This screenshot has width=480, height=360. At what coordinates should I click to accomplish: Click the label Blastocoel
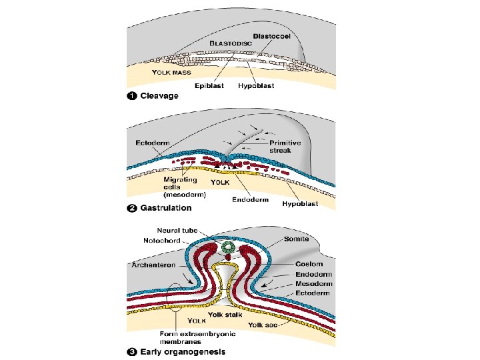tap(272, 35)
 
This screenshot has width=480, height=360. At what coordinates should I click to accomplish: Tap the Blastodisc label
tap(231, 43)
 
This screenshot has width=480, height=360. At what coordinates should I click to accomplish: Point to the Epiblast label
tap(209, 86)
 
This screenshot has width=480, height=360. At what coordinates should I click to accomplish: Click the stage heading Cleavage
tap(159, 96)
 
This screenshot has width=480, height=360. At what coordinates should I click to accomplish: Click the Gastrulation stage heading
tap(165, 208)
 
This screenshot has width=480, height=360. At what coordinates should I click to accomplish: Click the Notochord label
tap(159, 240)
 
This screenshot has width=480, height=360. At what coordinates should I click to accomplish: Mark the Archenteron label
tap(153, 265)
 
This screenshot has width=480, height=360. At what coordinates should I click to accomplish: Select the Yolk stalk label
tap(225, 314)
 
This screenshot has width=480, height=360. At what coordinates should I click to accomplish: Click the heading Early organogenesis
tap(182, 351)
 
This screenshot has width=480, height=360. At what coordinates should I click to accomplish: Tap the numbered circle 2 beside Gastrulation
tap(132, 208)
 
